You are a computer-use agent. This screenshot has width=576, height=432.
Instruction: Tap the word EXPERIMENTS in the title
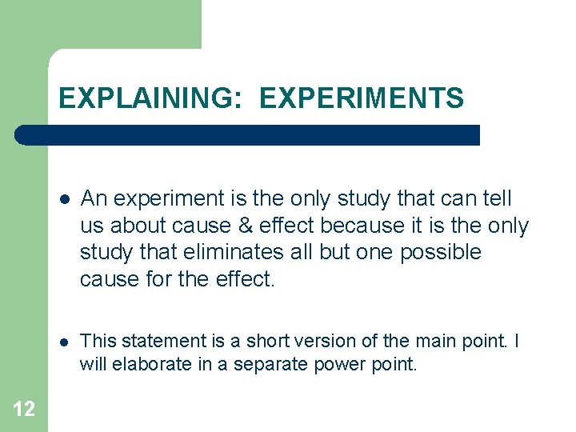(362, 98)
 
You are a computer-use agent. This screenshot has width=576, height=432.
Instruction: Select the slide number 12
(24, 410)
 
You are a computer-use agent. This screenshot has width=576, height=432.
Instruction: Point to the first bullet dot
(65, 199)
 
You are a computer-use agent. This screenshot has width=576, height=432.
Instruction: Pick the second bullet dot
(65, 342)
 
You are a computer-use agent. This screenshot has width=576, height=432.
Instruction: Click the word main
(432, 341)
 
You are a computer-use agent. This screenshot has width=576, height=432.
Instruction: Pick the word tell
(498, 198)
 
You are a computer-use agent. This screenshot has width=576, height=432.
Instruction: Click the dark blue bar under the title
(248, 135)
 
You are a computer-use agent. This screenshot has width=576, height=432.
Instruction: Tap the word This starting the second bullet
(98, 341)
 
